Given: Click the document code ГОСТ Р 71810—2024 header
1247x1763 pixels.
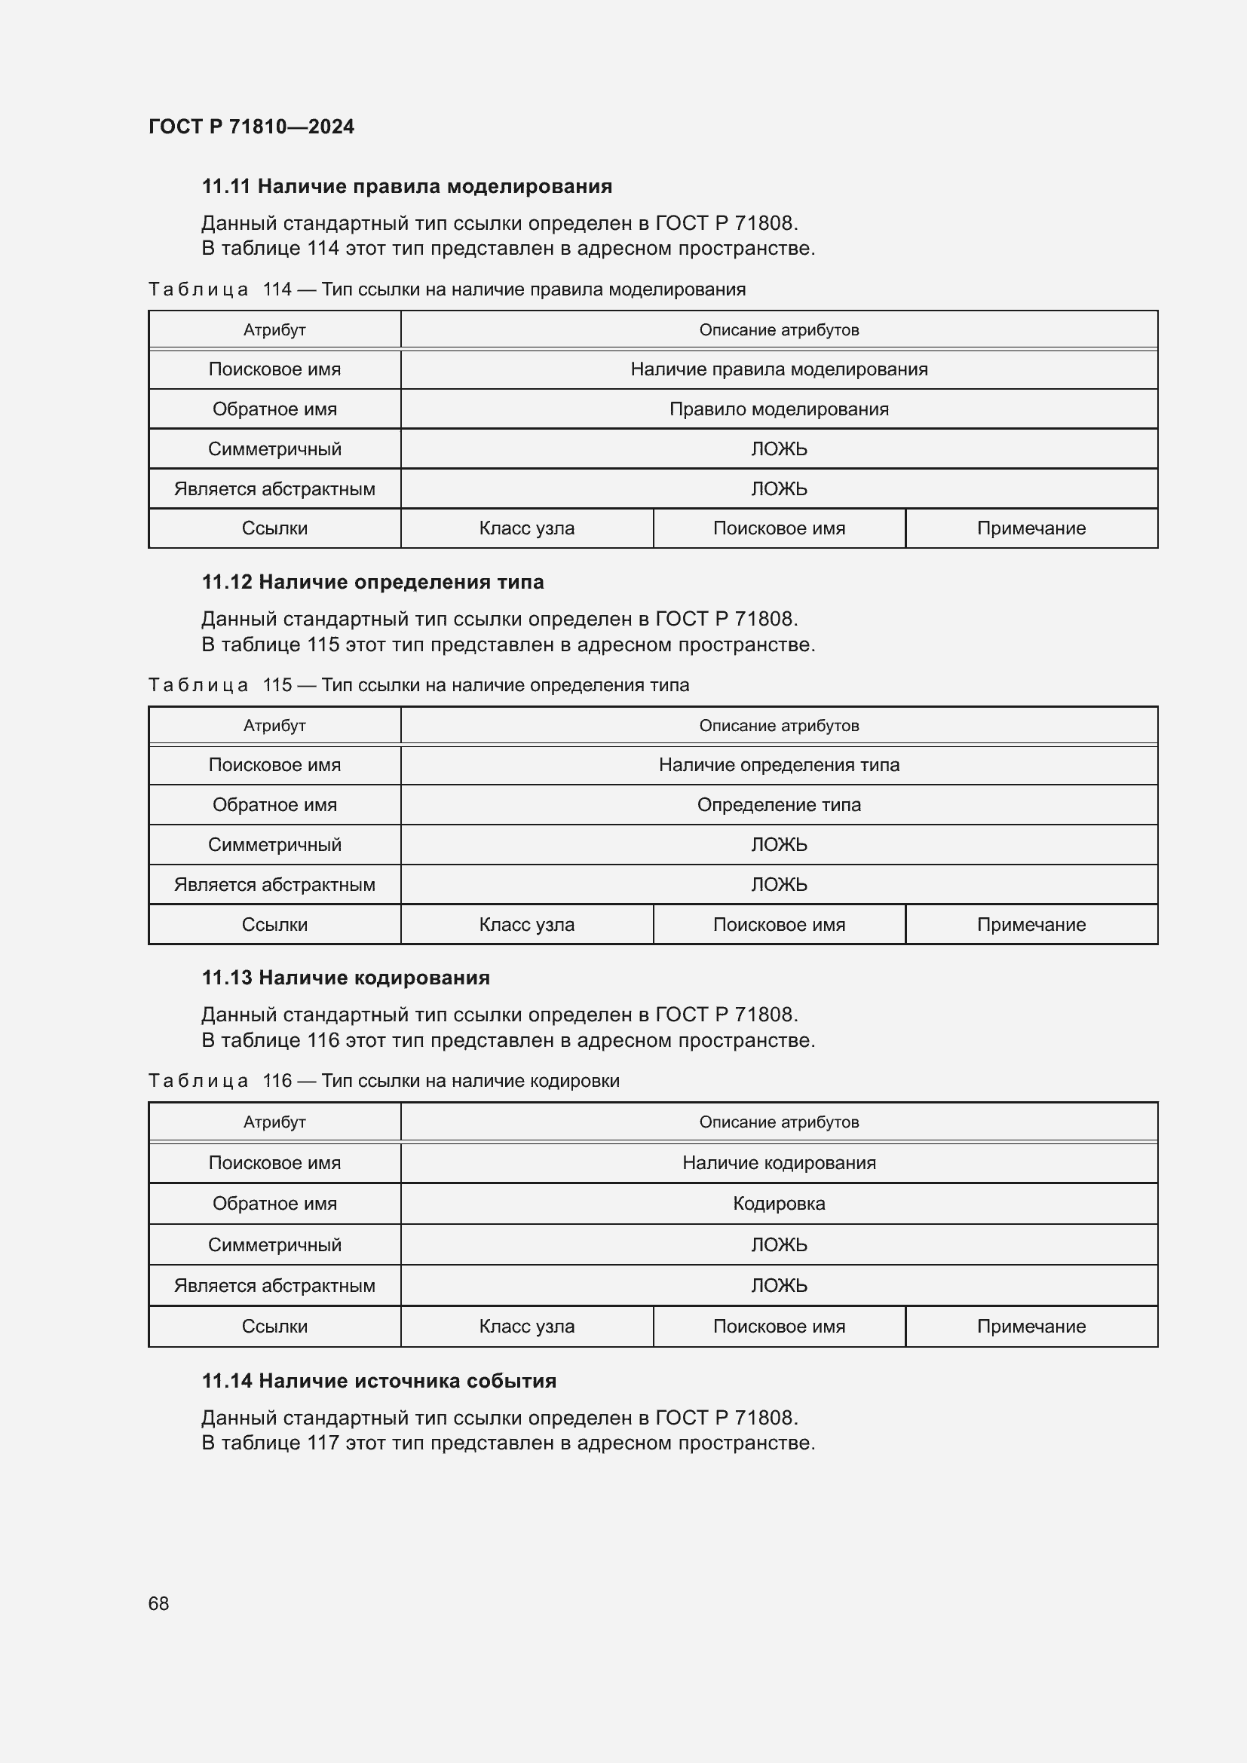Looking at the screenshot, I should coord(251,127).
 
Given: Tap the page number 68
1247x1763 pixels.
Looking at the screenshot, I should coord(158,1603).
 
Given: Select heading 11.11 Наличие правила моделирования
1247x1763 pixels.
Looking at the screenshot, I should coord(407,187).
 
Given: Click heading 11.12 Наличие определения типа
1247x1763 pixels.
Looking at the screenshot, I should coord(372,582).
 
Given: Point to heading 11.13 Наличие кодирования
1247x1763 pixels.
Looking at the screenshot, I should coord(345,978).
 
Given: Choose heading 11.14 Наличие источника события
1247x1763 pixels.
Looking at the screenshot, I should coord(378,1381).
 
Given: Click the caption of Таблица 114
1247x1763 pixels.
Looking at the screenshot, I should coord(447,289).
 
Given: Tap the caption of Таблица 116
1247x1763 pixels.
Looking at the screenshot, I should coord(384,1080).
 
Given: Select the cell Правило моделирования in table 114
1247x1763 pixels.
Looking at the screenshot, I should coord(779,409).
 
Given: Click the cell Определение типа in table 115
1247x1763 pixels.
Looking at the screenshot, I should coord(779,805).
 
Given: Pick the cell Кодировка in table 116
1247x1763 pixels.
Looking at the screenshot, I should coord(779,1203).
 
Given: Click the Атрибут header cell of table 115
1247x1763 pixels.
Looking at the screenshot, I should coord(274,726).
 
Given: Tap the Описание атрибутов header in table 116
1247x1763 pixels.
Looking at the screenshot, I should coord(779,1122).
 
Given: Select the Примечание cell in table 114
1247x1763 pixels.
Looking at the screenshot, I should coord(1031,528).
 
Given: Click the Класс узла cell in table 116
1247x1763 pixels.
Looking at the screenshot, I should coord(526,1326).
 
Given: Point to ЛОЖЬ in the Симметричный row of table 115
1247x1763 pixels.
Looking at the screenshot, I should coord(779,845).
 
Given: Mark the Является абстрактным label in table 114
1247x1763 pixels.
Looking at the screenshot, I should coord(274,489).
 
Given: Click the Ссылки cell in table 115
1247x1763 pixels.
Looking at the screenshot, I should coord(274,925).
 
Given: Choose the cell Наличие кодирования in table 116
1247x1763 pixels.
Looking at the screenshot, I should coord(779,1162).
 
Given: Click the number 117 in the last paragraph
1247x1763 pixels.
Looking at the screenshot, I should coord(323,1443).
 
